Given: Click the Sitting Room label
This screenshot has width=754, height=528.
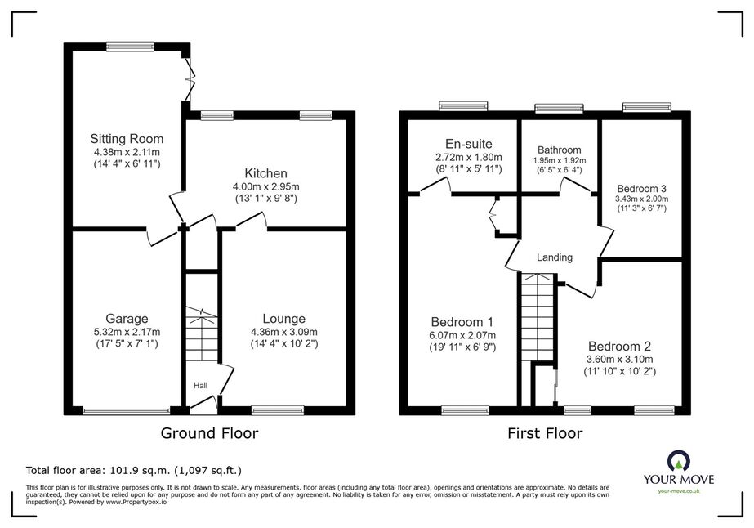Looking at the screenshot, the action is pos(127,139).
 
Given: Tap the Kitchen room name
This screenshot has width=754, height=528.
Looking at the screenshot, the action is pos(266,173).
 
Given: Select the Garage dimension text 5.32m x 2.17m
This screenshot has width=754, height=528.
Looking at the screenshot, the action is pos(127,332).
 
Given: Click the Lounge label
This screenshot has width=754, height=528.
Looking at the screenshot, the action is pos(283,319).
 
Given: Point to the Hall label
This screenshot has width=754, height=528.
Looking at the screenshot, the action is pos(200,386).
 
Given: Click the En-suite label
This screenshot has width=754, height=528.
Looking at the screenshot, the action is pos(468,144).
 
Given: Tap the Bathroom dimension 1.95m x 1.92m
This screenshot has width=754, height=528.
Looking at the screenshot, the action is pos(560,161).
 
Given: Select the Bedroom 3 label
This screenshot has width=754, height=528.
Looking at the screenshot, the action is pos(641,189).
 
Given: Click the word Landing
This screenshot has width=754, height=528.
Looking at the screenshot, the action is pos(555,257).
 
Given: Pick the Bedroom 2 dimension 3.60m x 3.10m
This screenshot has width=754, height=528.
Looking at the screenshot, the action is pos(619,360).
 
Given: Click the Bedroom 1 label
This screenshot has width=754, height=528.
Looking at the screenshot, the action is pos(462,322).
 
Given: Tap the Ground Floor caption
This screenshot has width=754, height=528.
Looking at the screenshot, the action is pos(209,433).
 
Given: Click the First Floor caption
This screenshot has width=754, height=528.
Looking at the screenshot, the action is pos(545,433).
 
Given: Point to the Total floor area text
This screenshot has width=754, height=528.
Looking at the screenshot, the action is pos(134,470).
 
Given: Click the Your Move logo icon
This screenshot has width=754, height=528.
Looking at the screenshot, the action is pos(679,461).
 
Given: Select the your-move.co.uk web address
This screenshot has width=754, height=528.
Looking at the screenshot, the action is pos(679,491).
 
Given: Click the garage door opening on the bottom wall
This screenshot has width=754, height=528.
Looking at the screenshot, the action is pos(126,411).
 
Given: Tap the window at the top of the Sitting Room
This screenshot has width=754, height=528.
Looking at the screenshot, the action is pos(130,47).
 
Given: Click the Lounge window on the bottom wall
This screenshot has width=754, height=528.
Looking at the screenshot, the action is pos(278,410).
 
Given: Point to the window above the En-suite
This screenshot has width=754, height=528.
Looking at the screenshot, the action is pos(463,106).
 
